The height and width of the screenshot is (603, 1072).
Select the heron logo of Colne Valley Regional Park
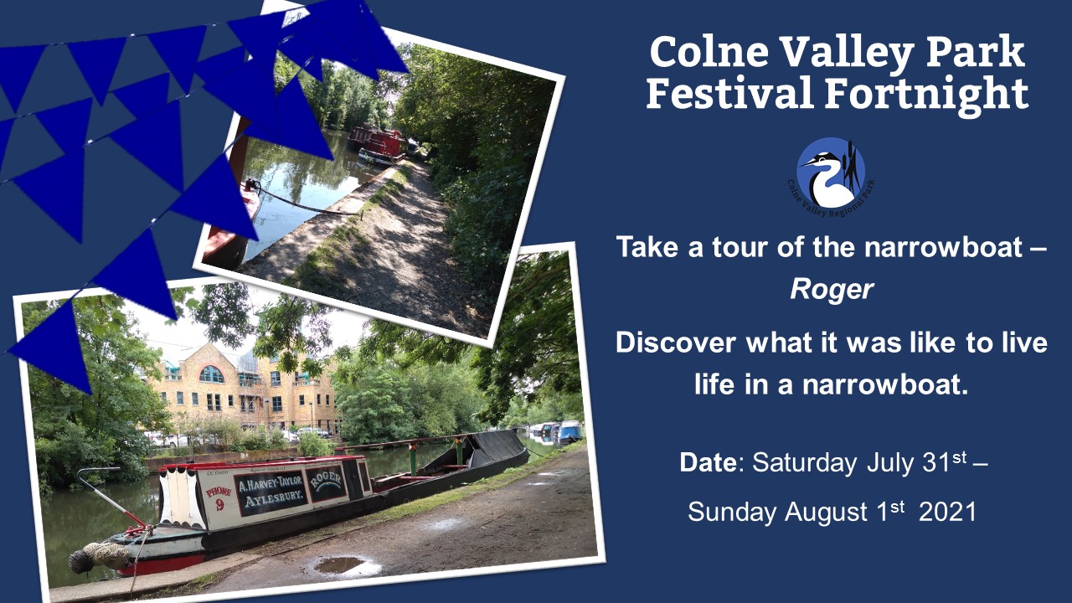click(830, 173)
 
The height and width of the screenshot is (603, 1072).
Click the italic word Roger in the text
click(832, 290)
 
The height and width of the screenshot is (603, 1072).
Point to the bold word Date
click(710, 463)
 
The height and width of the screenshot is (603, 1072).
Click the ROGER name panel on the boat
click(324, 481)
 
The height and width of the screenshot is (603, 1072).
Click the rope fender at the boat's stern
click(94, 555)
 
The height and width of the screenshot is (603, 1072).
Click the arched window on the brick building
click(211, 374)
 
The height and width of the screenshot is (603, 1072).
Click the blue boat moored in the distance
click(569, 431)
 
